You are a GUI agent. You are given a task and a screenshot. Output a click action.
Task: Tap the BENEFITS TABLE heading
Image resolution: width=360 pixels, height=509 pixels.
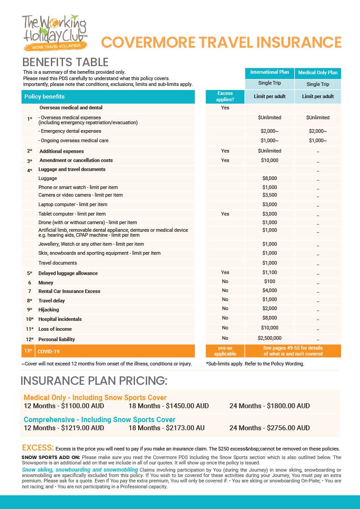coord(65,62)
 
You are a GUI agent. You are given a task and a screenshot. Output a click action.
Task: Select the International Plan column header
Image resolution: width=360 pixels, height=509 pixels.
coord(270,72)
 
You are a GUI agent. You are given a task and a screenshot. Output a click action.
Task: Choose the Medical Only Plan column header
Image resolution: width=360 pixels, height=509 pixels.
coord(318,72)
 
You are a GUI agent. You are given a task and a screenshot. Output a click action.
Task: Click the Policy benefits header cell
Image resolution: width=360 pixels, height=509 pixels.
coord(45,97)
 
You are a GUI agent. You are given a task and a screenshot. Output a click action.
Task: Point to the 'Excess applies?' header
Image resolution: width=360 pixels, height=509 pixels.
coord(225,96)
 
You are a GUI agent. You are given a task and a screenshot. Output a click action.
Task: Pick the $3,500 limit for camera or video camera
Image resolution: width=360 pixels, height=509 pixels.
coord(270,195)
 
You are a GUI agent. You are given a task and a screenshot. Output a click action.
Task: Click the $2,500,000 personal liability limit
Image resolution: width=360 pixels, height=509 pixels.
coord(270,338)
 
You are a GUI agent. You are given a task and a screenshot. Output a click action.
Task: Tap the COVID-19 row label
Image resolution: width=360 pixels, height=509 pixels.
coord(49,351)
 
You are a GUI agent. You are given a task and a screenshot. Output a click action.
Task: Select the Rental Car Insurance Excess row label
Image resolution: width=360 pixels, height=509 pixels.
coord(69,291)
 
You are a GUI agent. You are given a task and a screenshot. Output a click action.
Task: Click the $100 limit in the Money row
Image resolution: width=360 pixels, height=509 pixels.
coord(270,281)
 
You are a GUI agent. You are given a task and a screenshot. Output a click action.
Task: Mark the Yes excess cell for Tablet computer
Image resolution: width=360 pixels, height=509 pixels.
coord(225,214)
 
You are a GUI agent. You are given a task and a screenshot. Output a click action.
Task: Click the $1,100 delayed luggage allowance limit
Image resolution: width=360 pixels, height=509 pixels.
coord(270,272)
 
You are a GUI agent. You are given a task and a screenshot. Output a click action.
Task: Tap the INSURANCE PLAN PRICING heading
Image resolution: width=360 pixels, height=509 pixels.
coord(94,381)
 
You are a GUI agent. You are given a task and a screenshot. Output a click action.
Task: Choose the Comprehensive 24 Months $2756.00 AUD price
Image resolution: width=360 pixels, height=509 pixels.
coord(269,428)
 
